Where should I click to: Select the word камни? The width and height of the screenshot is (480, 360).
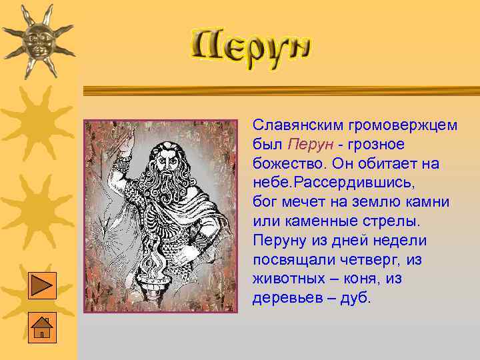[428, 202]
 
